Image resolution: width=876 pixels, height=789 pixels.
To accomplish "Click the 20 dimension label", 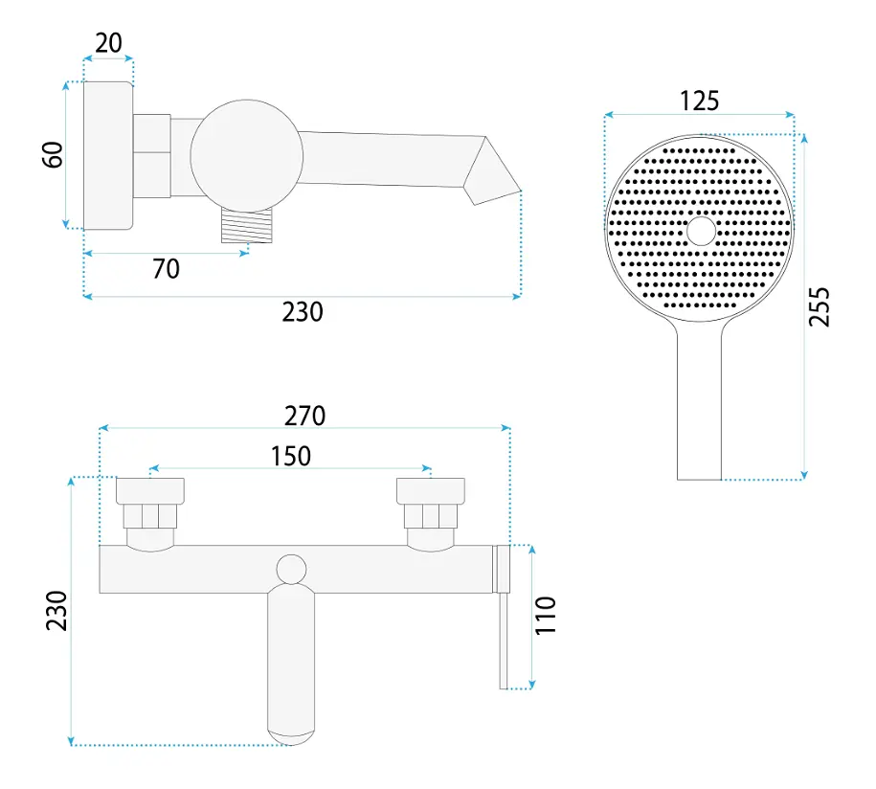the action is (x=108, y=43).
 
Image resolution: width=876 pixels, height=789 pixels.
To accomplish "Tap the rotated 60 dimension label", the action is (x=53, y=155).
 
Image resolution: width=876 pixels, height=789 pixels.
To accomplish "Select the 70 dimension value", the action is (x=166, y=269).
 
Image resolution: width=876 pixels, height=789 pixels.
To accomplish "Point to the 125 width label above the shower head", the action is (x=699, y=101).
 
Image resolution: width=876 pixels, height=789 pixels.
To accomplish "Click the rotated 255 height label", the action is (x=820, y=306).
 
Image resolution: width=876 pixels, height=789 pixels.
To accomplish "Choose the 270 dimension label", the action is (x=304, y=417).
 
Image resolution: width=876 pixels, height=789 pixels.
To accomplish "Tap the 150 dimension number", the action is (x=290, y=456).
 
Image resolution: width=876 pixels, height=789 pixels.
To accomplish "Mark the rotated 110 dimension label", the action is (x=546, y=616).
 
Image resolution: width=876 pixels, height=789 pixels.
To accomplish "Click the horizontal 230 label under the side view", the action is (x=303, y=312).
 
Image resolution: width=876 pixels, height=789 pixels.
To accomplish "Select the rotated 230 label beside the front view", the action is (x=56, y=611).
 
